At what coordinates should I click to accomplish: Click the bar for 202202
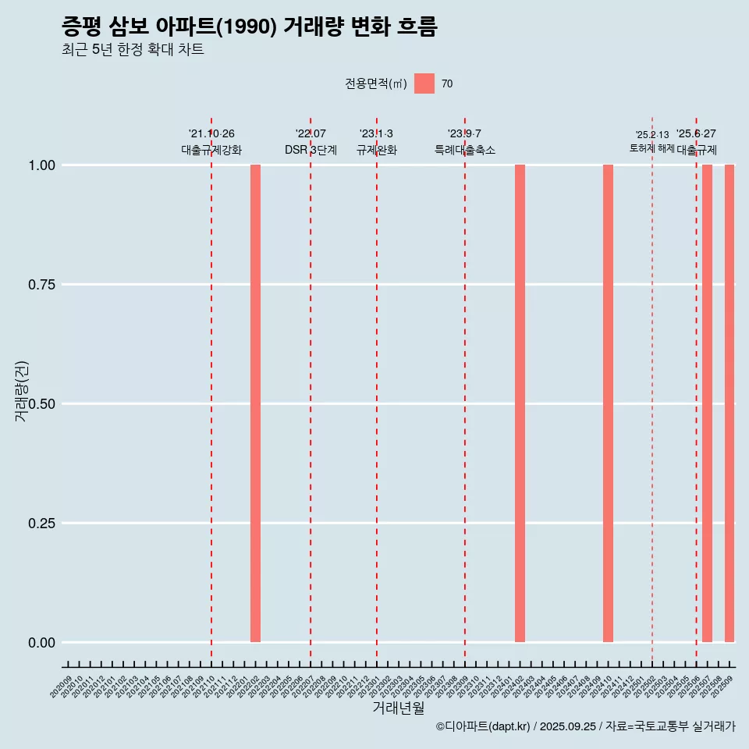[x=255, y=403]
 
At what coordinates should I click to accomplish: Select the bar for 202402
[x=520, y=403]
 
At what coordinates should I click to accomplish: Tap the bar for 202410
[x=608, y=403]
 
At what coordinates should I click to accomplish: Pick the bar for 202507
[x=707, y=403]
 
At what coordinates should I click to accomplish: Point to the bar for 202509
[x=729, y=403]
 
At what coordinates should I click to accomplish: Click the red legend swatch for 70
[x=424, y=83]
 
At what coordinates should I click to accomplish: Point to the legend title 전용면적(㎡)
[x=376, y=83]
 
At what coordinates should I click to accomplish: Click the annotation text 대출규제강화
[x=211, y=150]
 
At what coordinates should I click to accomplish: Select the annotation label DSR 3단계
[x=311, y=150]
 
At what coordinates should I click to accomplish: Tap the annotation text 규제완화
[x=377, y=150]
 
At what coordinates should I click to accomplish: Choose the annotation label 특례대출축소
[x=465, y=150]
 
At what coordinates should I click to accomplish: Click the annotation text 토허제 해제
[x=652, y=148]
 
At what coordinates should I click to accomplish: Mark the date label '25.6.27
[x=696, y=134]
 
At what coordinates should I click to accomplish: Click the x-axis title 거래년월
[x=399, y=708]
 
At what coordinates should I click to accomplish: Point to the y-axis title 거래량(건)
[x=22, y=391]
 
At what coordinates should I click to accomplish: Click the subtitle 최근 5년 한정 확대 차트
[x=133, y=50]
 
